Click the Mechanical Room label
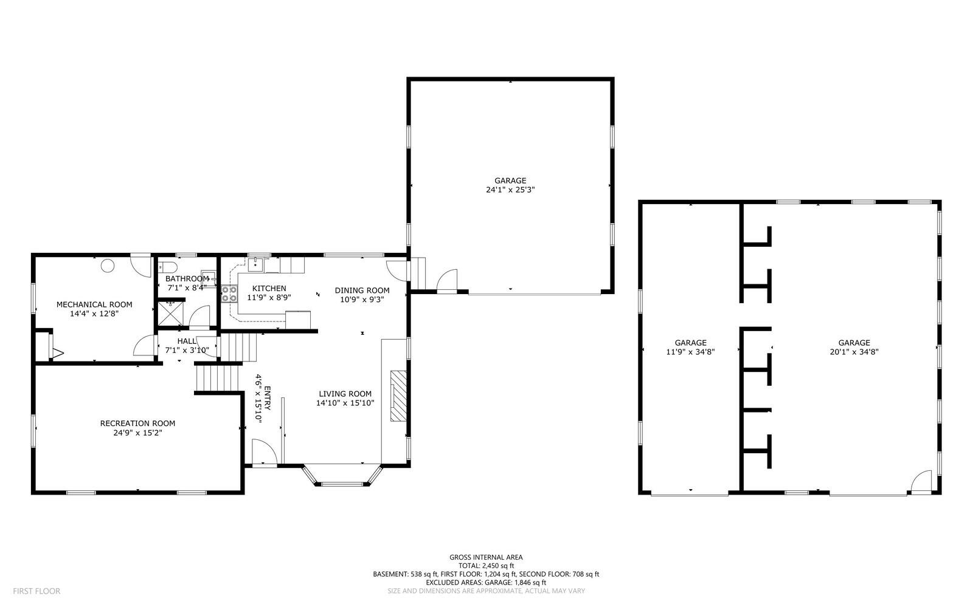tap(94, 304)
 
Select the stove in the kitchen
tap(229, 294)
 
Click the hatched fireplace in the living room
tap(396, 395)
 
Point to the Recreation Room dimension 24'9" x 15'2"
tap(137, 433)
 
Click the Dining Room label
tap(362, 290)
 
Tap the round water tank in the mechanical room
tap(108, 266)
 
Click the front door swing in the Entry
tap(263, 453)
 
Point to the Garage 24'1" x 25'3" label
tap(510, 180)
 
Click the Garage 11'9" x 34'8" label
tap(690, 343)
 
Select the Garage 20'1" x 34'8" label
tap(854, 343)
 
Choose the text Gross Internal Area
tap(486, 557)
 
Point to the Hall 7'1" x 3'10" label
tap(187, 341)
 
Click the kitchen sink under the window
tap(257, 263)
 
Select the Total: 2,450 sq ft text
tap(486, 566)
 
